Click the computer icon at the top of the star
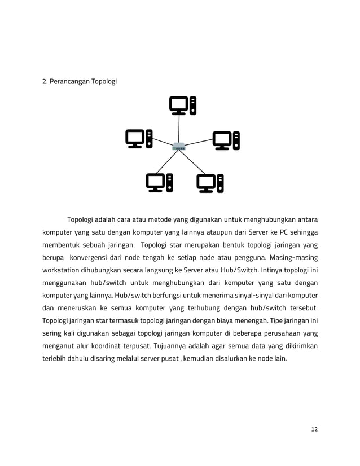(183, 105)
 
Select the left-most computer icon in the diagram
(139, 139)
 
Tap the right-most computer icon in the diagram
(226, 140)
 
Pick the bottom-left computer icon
(159, 183)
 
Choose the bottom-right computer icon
(210, 183)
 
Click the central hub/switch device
(179, 148)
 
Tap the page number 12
(314, 429)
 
